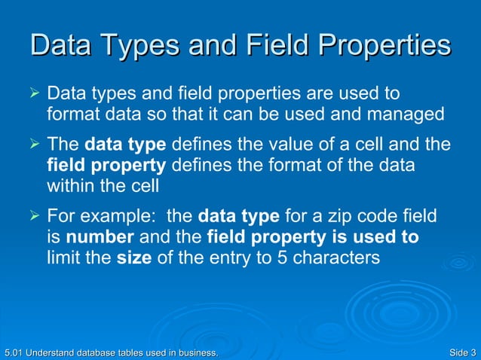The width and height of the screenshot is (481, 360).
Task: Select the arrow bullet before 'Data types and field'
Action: click(32, 96)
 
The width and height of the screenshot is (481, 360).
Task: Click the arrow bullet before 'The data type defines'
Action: click(32, 144)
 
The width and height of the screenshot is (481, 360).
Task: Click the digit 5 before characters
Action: click(249, 258)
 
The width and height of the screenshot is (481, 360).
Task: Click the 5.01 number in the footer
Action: click(13, 352)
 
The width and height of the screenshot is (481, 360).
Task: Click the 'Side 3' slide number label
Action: click(461, 352)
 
